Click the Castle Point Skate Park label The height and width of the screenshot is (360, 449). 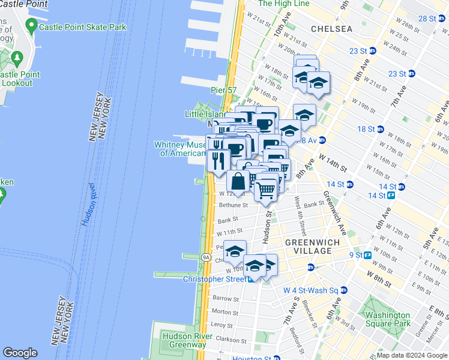[82, 27]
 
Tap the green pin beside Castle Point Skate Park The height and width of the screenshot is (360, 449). [31, 26]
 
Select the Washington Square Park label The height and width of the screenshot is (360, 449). [387, 319]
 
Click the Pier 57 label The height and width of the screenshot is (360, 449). [223, 91]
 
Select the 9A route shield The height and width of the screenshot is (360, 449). [206, 257]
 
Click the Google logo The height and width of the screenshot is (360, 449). [20, 353]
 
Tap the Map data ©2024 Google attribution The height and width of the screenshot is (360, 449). [412, 355]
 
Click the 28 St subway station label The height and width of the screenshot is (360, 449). [427, 19]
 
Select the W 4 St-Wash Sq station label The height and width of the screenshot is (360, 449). [310, 290]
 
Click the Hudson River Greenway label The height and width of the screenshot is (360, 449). [184, 340]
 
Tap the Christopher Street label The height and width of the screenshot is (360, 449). [214, 279]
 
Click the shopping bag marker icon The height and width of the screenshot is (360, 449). [238, 181]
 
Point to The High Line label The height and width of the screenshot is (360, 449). [283, 4]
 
